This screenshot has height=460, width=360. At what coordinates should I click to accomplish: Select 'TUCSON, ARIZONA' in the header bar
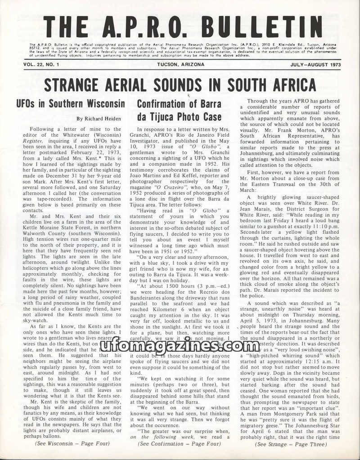tap(180, 64)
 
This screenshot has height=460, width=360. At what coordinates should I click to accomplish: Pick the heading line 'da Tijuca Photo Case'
tap(180, 117)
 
